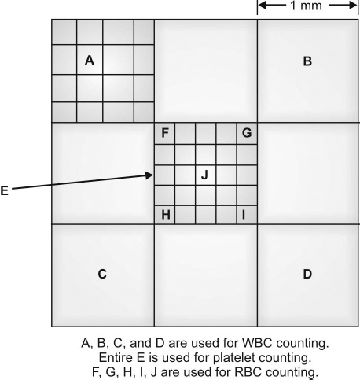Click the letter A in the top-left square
pyautogui.click(x=90, y=61)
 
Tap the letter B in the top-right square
pyautogui.click(x=307, y=61)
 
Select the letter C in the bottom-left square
pyautogui.click(x=102, y=274)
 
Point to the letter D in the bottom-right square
pyautogui.click(x=307, y=274)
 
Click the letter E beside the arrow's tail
pyautogui.click(x=5, y=190)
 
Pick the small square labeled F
pyautogui.click(x=164, y=134)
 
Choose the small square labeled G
pyautogui.click(x=247, y=134)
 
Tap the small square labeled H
pyautogui.click(x=164, y=215)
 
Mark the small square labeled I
pyautogui.click(x=247, y=215)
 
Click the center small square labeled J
pyautogui.click(x=206, y=175)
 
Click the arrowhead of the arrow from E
pyautogui.click(x=149, y=175)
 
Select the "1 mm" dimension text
pyautogui.click(x=306, y=6)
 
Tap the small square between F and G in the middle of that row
pyautogui.click(x=206, y=134)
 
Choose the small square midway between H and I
pyautogui.click(x=206, y=215)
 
